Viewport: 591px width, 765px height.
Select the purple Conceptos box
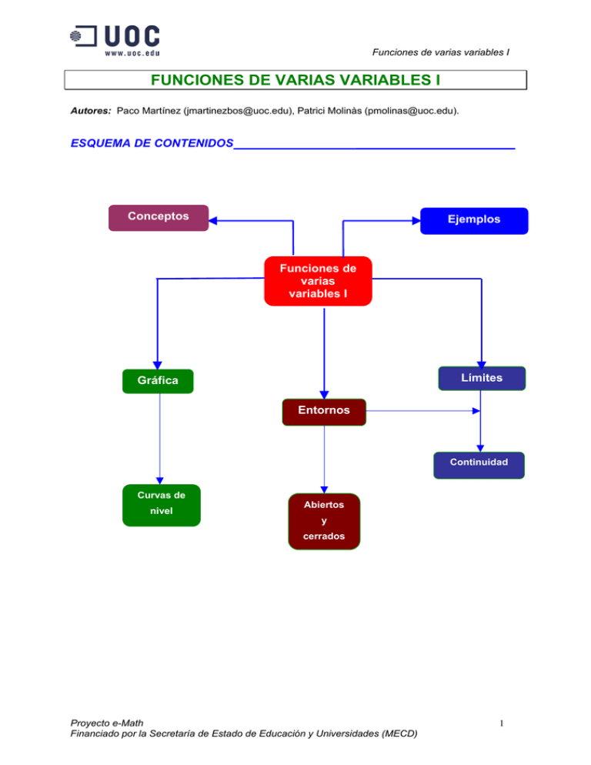pos(159,217)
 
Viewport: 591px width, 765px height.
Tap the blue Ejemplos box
pos(474,220)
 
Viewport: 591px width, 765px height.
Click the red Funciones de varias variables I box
pos(318,281)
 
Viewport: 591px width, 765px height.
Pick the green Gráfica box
pos(159,381)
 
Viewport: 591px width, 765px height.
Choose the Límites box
pos(482,378)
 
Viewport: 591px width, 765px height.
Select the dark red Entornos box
pos(324,411)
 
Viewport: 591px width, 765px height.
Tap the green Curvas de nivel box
pos(162,505)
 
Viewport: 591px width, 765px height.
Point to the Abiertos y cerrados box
pos(323,521)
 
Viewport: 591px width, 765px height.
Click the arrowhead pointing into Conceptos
pos(213,220)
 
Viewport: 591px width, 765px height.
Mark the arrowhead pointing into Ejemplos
pos(416,222)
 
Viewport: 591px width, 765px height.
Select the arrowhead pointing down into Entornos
pos(324,394)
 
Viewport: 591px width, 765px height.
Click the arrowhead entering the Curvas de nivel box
pos(160,480)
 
